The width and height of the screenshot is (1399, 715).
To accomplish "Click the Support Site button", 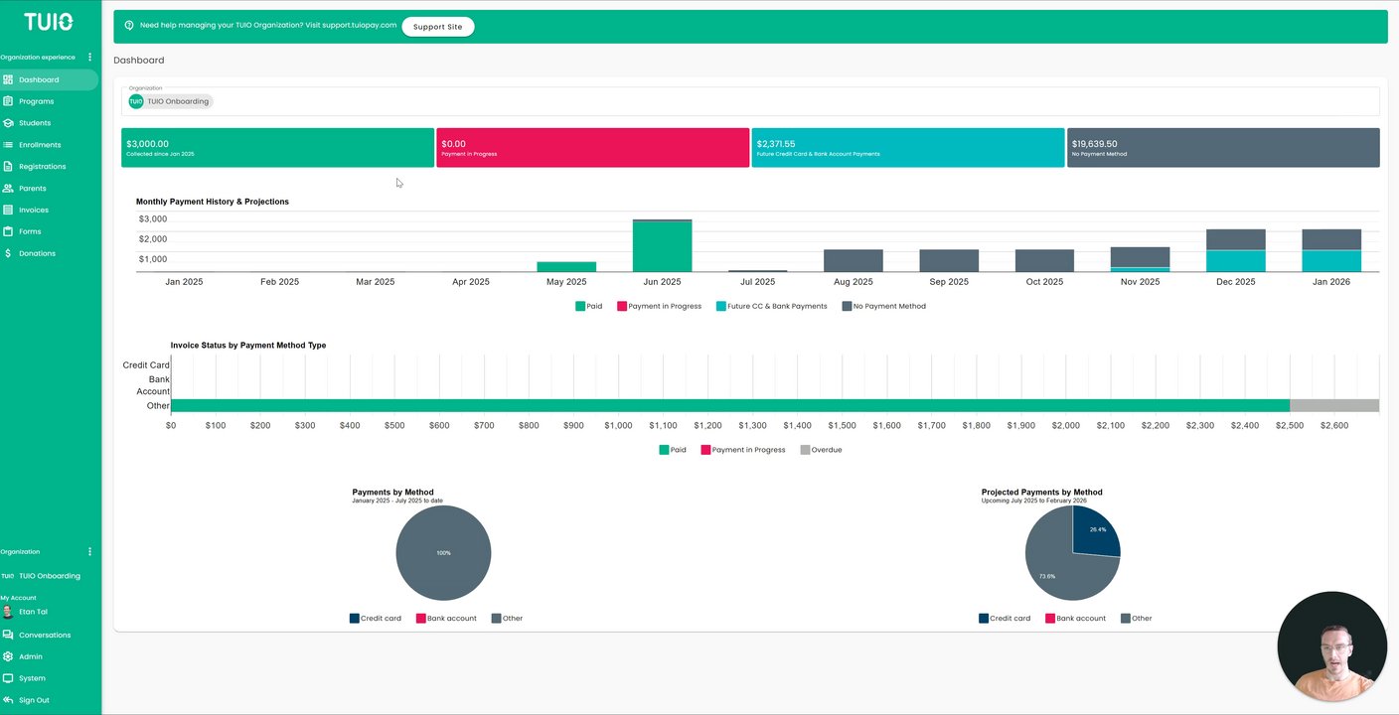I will [x=437, y=27].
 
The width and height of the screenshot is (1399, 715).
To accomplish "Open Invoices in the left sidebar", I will [x=33, y=210].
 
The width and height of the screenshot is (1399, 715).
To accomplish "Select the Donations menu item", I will [x=37, y=253].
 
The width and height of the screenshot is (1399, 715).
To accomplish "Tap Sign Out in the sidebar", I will [x=33, y=700].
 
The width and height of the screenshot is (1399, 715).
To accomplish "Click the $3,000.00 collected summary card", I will [x=277, y=147].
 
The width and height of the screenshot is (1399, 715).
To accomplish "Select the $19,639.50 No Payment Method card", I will [x=1222, y=147].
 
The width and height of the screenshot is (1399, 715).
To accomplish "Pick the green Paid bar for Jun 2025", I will [x=662, y=246].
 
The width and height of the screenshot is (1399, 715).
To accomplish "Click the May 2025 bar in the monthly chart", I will [x=566, y=267].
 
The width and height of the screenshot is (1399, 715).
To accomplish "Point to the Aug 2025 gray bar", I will [x=853, y=260].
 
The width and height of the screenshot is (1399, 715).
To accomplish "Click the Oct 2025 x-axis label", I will [x=1044, y=282].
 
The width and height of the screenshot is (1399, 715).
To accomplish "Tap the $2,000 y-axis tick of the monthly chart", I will [x=153, y=239].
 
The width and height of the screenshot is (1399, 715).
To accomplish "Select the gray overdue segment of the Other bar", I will [x=1333, y=405].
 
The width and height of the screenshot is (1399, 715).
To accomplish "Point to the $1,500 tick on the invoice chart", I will [x=842, y=425].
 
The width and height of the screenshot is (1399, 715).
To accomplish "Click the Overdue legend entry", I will [x=820, y=450].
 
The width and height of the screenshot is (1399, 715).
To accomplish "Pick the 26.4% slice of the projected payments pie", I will [x=1094, y=532].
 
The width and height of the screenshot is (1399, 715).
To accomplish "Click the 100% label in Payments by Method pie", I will [x=443, y=553].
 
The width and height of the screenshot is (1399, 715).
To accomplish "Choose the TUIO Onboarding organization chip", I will [x=170, y=101].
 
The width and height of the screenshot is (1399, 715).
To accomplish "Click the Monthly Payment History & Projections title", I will [x=213, y=202].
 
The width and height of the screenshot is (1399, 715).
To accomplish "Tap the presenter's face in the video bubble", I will [x=1331, y=655].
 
